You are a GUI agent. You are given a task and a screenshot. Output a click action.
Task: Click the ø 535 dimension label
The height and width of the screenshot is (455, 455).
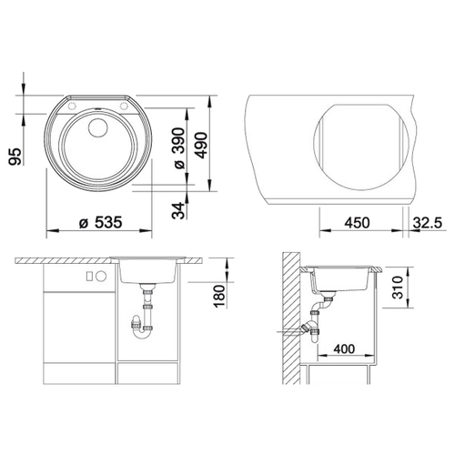pos(100,222)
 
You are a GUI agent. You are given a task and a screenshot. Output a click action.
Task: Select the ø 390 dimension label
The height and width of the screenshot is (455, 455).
pos(178,148)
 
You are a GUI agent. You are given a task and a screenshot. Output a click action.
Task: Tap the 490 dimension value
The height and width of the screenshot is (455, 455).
pos(201,146)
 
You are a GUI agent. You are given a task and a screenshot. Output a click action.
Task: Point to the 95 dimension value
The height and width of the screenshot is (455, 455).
pos(15,157)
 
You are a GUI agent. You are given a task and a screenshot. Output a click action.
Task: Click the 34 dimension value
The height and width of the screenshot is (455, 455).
pos(178,210)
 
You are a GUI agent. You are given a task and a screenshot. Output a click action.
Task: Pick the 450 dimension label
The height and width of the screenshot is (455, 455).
pos(357,223)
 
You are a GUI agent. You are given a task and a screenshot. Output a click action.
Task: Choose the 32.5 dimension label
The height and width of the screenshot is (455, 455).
pos(428,223)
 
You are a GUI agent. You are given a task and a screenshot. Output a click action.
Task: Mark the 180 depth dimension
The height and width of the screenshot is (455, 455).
pos(220,296)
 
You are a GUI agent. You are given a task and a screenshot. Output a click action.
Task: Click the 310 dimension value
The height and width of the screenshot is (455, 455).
pos(397,288)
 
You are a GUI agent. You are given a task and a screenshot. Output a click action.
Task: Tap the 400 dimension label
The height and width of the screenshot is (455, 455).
pos(344,349)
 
